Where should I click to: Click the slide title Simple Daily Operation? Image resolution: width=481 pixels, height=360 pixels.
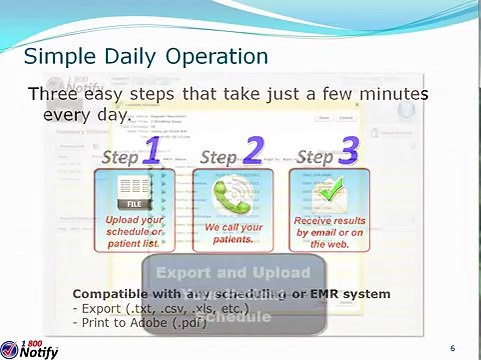[x=145, y=54]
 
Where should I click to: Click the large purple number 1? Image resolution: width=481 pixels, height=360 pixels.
[x=151, y=151]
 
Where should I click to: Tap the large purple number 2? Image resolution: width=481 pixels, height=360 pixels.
[x=252, y=151]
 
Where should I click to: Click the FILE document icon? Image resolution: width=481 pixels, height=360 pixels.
[x=133, y=188]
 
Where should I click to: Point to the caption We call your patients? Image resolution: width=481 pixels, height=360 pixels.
[x=232, y=233]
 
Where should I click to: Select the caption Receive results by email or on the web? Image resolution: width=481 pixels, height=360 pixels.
[x=329, y=232]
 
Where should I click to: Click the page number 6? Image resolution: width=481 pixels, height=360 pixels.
[x=452, y=347]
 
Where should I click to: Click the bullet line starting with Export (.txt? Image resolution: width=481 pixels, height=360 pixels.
[x=146, y=307]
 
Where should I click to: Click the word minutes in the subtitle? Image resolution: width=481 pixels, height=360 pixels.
[x=391, y=94]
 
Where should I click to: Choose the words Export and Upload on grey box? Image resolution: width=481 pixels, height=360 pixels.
[x=234, y=272]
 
